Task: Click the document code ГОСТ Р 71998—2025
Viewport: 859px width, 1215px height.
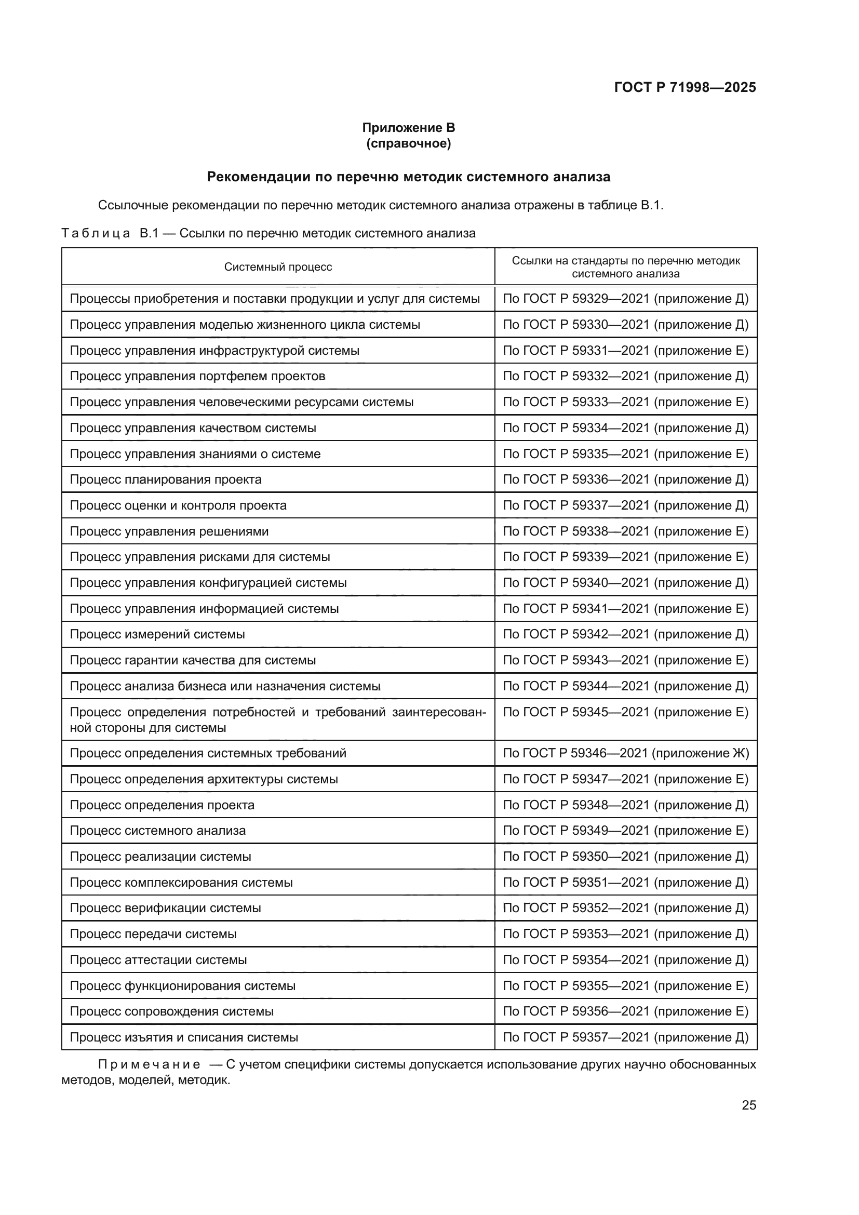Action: click(684, 88)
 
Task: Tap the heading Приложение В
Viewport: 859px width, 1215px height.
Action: click(408, 128)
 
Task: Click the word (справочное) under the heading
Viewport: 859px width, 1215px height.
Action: click(408, 143)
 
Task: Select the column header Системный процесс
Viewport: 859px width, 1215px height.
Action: click(278, 266)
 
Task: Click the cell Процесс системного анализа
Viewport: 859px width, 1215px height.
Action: click(158, 830)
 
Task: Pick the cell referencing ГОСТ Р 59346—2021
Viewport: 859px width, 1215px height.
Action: click(625, 753)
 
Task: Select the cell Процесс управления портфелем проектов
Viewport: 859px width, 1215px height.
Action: click(197, 376)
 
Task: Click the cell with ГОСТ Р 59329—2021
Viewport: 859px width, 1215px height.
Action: click(625, 299)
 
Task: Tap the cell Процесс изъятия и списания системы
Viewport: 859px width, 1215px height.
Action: click(183, 1037)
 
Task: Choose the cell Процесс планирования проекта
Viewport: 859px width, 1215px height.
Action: click(166, 479)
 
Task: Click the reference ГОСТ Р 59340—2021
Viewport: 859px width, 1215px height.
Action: click(625, 583)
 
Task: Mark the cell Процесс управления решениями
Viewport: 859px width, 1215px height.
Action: click(169, 531)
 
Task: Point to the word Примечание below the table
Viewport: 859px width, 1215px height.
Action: click(149, 1064)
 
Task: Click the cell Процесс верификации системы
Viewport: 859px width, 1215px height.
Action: click(165, 908)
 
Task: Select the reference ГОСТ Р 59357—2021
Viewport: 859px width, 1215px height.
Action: click(625, 1037)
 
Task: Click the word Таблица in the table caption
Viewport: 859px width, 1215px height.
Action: click(96, 233)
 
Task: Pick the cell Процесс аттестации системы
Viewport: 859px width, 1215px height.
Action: click(158, 960)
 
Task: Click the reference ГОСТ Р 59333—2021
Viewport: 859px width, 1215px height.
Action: click(625, 402)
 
